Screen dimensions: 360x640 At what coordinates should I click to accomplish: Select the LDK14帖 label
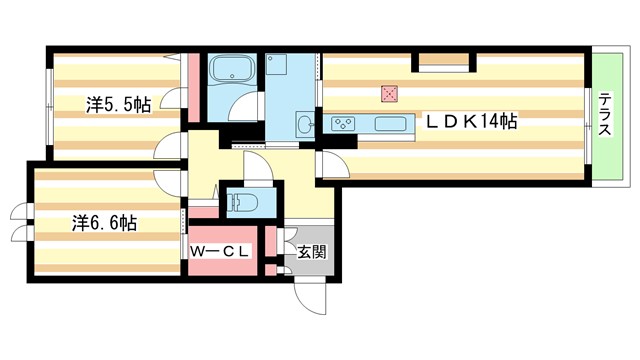click(x=472, y=121)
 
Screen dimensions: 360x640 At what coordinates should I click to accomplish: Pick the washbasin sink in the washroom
click(x=305, y=125)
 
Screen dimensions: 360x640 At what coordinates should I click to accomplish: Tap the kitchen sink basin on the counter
click(x=391, y=124)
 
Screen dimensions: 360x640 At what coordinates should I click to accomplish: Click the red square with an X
click(x=389, y=94)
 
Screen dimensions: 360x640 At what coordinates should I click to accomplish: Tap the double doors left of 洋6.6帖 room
click(x=21, y=223)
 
